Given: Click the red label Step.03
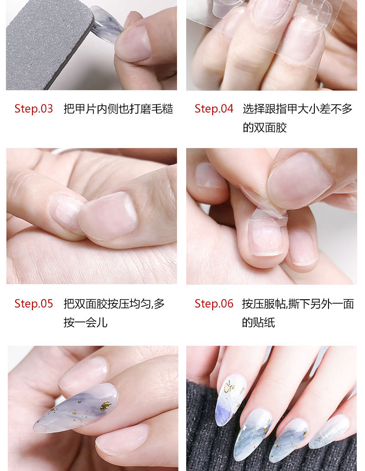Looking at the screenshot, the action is [34, 109].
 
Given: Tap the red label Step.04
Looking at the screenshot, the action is [214, 109].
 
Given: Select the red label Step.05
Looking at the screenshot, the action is [34, 304].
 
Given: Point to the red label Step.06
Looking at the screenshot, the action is [214, 304].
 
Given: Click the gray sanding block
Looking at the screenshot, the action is [48, 45].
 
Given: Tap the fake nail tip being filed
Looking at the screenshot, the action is [106, 25].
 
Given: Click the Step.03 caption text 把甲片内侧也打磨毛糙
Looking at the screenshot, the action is [118, 109].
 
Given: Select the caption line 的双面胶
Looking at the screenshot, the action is [265, 128].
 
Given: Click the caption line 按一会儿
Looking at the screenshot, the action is [85, 323].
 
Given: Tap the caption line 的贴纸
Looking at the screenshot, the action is [259, 323].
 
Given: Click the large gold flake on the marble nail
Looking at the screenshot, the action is [105, 406].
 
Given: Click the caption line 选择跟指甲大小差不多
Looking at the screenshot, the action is [297, 109].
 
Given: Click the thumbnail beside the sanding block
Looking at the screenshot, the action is [133, 44].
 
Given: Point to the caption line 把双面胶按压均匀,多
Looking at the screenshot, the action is [114, 304].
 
